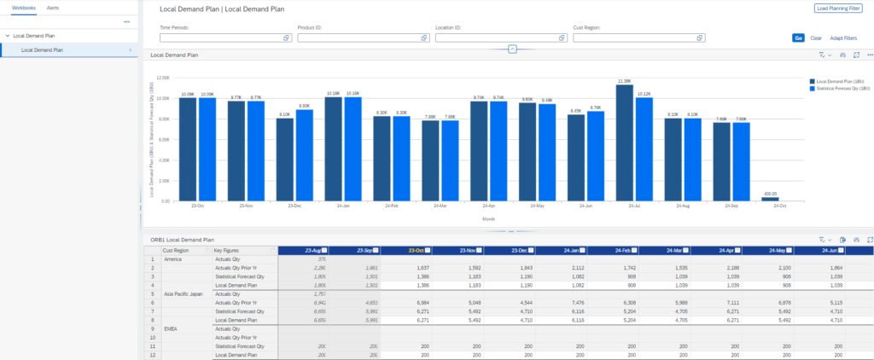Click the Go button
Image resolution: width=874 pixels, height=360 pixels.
tap(798, 38)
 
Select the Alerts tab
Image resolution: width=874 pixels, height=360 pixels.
tap(53, 7)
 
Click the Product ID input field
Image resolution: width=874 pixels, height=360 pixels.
tap(358, 38)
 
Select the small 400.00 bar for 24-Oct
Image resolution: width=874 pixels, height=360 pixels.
tap(771, 199)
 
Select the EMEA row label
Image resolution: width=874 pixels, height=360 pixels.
tap(170, 328)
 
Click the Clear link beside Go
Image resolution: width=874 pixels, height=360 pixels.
tap(816, 38)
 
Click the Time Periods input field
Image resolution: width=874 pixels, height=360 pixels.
tap(220, 38)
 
